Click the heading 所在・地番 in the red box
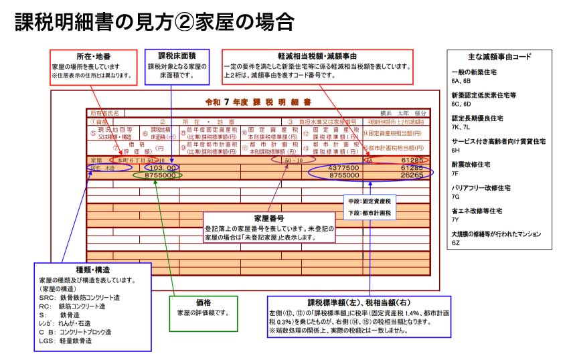pyautogui.click(x=80, y=56)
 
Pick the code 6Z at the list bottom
pyautogui.click(x=455, y=243)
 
